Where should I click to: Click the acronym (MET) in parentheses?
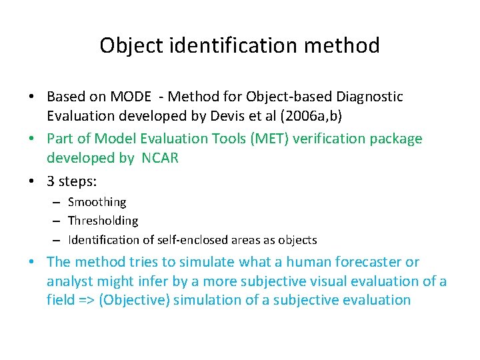coord(257,139)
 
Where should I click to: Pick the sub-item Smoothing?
coord(97,202)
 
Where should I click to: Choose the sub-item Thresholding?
coord(103,221)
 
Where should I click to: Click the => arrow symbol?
coord(85,300)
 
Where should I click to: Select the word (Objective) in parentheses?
coord(135,300)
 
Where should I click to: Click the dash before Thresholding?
coord(58,221)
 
